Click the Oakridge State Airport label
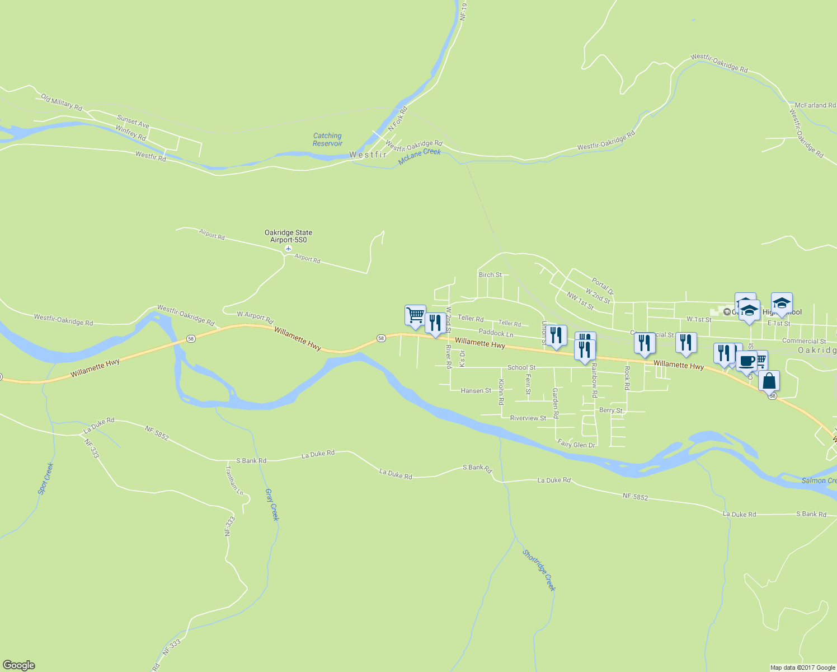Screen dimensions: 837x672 coord(288,236)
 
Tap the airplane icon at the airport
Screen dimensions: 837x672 coord(288,248)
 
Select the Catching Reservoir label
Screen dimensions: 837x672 coord(327,139)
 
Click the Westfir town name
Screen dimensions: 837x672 coord(368,155)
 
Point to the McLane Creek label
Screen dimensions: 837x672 coord(420,157)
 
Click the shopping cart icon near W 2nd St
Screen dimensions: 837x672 coord(415,315)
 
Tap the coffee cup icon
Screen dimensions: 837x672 coord(746,361)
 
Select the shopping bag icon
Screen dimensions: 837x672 coord(769,381)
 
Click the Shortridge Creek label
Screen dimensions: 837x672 coord(539,570)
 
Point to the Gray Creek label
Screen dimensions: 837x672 coord(271,505)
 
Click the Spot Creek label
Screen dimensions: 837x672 coord(46,478)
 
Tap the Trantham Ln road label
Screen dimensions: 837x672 coord(234,480)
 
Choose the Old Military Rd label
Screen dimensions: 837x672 coord(62,102)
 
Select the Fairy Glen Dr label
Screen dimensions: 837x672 coord(576,445)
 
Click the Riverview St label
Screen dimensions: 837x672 coord(528,418)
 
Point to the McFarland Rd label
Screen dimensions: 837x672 coord(815,105)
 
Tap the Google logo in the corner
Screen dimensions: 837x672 coord(19,665)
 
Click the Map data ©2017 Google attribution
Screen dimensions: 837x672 coord(802,668)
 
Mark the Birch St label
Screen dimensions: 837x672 coord(490,274)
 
